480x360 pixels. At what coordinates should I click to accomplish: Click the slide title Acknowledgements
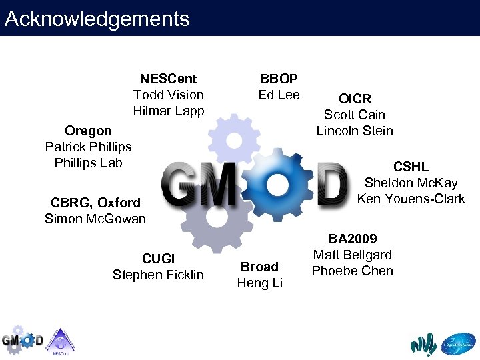97,19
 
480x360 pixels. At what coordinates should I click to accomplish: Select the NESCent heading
168,79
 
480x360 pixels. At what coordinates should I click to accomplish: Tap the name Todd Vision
168,95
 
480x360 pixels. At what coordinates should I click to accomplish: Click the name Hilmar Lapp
168,111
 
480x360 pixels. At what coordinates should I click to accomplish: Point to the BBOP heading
279,79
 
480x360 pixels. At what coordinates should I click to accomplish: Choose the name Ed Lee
279,95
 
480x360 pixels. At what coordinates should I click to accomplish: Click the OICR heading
355,99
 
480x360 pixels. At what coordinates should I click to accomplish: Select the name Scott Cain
355,115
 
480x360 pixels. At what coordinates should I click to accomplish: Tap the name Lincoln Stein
355,131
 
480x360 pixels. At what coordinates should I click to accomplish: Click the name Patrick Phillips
88,147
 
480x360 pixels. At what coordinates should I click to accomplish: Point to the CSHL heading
411,167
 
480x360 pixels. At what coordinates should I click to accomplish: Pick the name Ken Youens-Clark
411,199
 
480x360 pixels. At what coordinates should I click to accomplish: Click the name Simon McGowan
95,219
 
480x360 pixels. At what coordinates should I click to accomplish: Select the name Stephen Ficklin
158,275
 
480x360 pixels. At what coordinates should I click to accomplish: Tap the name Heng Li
259,283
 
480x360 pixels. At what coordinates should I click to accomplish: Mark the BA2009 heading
352,239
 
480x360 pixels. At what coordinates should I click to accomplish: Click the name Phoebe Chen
352,271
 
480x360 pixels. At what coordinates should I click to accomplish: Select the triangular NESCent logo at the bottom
61,340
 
